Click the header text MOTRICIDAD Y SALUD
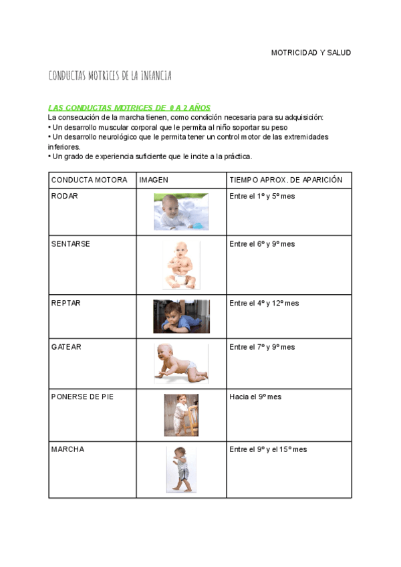[x=310, y=53]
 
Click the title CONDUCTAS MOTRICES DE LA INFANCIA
[x=110, y=76]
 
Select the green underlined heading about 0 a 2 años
[x=129, y=108]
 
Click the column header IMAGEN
[x=154, y=181]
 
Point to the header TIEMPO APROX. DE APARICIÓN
[x=285, y=181]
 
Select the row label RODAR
[x=65, y=197]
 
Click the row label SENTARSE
[x=70, y=244]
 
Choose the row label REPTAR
[x=65, y=304]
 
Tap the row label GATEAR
[x=65, y=348]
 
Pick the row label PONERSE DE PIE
[x=82, y=397]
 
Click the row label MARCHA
[x=68, y=450]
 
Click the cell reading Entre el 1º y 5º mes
[x=262, y=197]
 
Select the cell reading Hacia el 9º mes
[x=255, y=397]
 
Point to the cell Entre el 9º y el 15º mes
[x=268, y=450]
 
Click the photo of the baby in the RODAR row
[x=181, y=211]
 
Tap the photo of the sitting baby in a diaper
[x=180, y=265]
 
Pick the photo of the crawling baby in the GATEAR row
[x=180, y=364]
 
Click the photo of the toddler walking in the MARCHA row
[x=180, y=469]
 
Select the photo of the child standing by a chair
[x=180, y=415]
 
